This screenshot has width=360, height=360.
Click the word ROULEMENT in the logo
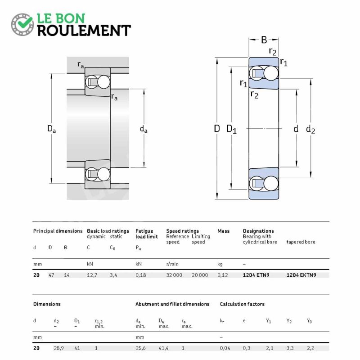pyautogui.click(x=84, y=31)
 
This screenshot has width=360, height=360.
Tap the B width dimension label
pyautogui.click(x=264, y=40)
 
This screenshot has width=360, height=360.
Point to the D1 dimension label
pyautogui.click(x=231, y=129)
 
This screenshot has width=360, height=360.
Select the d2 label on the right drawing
pyautogui.click(x=310, y=130)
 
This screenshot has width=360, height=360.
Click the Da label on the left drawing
pyautogui.click(x=51, y=129)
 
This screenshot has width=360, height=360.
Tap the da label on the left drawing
pyautogui.click(x=144, y=129)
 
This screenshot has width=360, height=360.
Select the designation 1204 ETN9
pyautogui.click(x=256, y=275)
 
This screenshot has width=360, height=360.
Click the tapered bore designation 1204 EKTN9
pyautogui.click(x=301, y=275)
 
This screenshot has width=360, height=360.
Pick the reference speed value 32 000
pyautogui.click(x=174, y=275)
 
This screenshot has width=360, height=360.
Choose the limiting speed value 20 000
pyautogui.click(x=200, y=275)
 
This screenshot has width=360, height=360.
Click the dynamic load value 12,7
pyautogui.click(x=92, y=275)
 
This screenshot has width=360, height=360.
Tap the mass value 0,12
pyautogui.click(x=222, y=275)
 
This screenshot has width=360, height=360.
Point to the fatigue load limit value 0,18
pyautogui.click(x=140, y=275)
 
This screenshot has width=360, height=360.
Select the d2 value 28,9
pyautogui.click(x=58, y=348)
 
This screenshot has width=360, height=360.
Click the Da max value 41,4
pyautogui.click(x=163, y=348)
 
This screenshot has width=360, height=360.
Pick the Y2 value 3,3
pyautogui.click(x=290, y=348)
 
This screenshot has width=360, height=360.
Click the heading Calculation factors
pyautogui.click(x=242, y=304)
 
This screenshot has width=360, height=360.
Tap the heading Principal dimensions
pyautogui.click(x=58, y=231)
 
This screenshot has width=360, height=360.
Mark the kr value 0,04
pyautogui.click(x=225, y=348)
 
